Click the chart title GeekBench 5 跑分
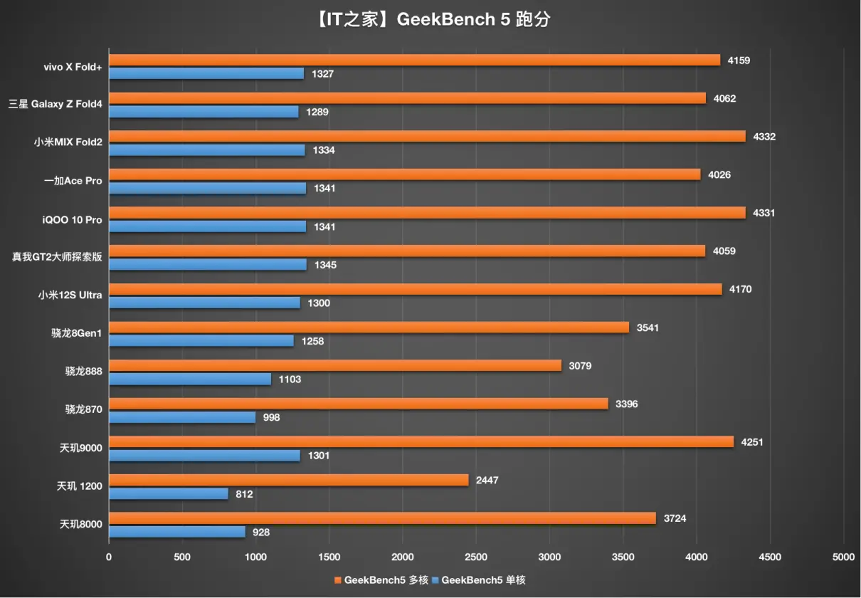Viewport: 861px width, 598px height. (431, 19)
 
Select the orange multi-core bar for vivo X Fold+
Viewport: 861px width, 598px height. (414, 60)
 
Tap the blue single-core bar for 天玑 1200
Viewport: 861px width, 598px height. (169, 493)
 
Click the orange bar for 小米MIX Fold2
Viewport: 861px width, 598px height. (427, 136)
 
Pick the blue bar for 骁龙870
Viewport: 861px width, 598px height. (182, 417)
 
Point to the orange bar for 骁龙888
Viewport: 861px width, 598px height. (335, 366)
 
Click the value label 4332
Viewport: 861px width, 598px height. (764, 137)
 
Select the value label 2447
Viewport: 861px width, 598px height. (487, 481)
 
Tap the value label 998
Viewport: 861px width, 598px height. (271, 418)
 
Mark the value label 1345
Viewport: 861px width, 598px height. (325, 265)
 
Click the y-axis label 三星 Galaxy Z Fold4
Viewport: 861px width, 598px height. (55, 105)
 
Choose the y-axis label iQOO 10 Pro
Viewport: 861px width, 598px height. (72, 220)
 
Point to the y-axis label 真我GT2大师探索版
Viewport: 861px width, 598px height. (57, 257)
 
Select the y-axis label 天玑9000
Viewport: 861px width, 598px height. (81, 448)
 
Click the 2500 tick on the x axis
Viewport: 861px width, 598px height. (476, 557)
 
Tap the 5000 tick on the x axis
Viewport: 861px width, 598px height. (843, 557)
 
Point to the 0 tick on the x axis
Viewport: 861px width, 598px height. (109, 557)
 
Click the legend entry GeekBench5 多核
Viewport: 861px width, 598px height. (381, 580)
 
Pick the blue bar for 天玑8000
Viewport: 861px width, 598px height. (177, 532)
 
